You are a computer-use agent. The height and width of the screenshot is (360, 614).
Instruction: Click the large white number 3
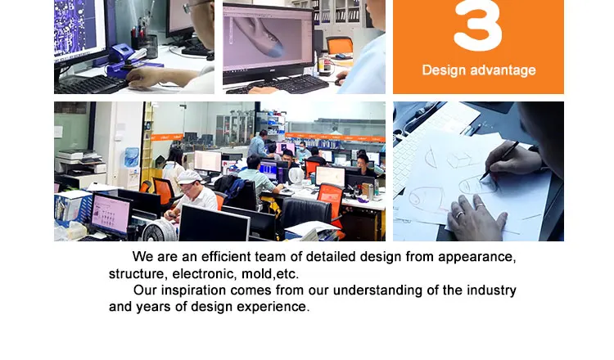point(478,25)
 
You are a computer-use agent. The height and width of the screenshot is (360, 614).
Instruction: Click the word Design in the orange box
point(444,70)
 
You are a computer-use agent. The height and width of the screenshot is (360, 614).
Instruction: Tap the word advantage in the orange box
point(503,70)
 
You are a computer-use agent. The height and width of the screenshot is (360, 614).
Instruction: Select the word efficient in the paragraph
point(226,257)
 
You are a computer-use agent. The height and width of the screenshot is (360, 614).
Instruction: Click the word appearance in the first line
point(477,257)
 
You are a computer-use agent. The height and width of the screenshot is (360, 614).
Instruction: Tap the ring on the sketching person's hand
point(459,214)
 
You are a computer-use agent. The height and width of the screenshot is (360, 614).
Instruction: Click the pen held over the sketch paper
point(499,160)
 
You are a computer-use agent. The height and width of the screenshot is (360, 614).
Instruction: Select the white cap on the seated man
point(189,177)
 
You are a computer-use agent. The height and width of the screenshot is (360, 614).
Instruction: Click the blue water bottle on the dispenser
point(131,157)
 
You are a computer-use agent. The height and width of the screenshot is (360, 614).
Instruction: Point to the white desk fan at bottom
point(160,231)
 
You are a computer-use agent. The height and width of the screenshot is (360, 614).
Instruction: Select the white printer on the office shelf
point(80,161)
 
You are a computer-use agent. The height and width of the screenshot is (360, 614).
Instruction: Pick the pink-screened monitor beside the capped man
point(111,214)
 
